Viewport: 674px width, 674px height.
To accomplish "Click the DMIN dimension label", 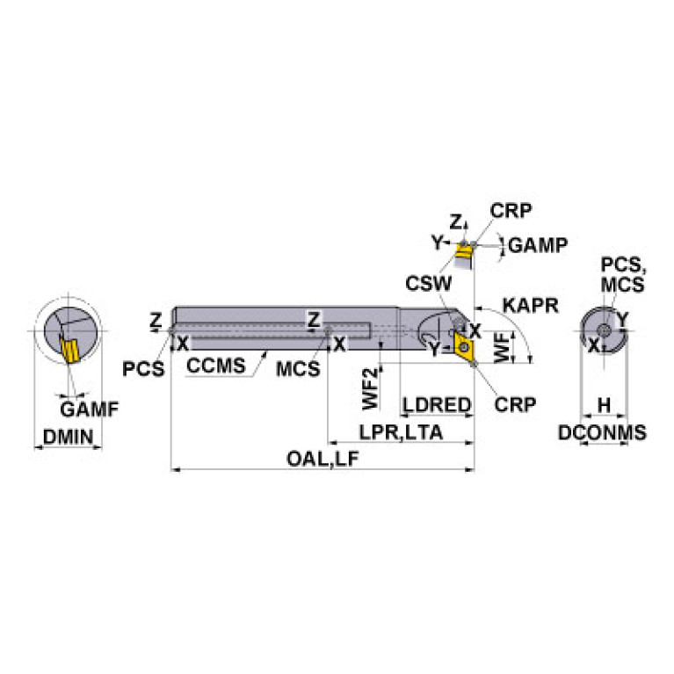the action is click(x=68, y=437).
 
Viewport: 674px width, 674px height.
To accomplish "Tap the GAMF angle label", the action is click(x=90, y=409).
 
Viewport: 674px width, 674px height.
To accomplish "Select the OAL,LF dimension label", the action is click(x=323, y=459).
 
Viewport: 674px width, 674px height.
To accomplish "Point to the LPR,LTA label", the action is click(x=401, y=432).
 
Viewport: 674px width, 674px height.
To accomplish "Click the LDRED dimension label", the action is click(x=437, y=405).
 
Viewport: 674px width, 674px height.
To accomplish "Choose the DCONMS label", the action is click(x=602, y=432).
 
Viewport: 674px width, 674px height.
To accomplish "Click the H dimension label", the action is click(x=604, y=405).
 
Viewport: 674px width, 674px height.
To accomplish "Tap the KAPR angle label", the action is click(x=531, y=306).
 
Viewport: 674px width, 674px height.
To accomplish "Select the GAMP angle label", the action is click(x=538, y=245).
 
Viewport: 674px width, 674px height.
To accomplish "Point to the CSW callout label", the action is click(x=429, y=284).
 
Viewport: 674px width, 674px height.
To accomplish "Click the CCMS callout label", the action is click(x=216, y=366).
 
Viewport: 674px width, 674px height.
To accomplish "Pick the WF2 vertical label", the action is click(x=371, y=388).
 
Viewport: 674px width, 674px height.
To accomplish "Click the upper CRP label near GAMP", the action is click(x=511, y=211).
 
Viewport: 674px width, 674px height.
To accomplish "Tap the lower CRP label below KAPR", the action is click(x=515, y=404).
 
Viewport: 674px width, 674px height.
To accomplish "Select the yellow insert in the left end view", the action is click(x=69, y=349).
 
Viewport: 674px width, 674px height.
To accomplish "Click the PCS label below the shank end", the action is click(x=143, y=369).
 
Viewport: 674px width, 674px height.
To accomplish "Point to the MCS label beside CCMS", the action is click(x=298, y=369).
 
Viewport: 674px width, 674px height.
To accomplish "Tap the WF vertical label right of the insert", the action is click(x=502, y=347).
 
